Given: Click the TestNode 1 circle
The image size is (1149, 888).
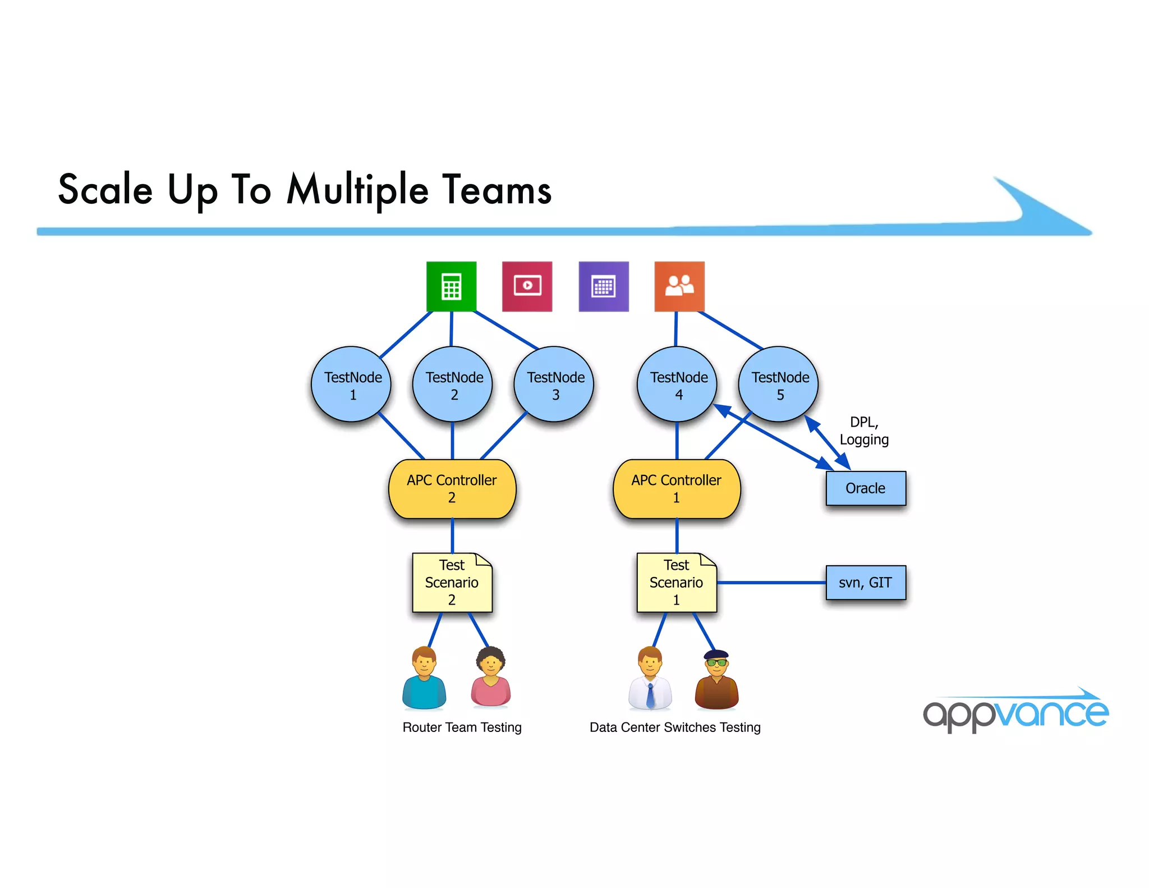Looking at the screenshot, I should click(x=351, y=385).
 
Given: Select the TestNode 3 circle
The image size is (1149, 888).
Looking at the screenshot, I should click(x=554, y=385).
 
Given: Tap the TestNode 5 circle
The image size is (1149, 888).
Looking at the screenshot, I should click(x=779, y=385).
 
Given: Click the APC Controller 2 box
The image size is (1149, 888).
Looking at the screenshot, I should click(x=452, y=489).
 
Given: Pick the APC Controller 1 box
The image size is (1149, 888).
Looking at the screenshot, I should click(x=677, y=489).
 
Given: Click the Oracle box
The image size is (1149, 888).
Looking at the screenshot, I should click(x=866, y=488).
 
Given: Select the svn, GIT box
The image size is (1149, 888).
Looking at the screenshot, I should click(x=866, y=583).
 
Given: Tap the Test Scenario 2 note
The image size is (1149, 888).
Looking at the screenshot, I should click(x=452, y=583).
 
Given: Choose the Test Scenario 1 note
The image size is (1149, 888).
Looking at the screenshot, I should click(x=677, y=583).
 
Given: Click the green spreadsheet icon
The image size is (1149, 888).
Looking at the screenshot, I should click(x=452, y=286).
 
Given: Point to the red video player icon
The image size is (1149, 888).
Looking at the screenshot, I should click(x=527, y=286).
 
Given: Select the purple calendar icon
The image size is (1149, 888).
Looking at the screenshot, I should click(x=604, y=286).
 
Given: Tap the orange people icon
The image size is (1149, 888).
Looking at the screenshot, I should click(x=679, y=286).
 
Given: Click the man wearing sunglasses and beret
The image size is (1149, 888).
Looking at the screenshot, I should click(x=716, y=680).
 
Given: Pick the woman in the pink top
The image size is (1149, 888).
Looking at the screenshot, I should click(x=491, y=677).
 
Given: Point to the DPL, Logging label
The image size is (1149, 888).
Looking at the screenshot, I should click(x=864, y=431).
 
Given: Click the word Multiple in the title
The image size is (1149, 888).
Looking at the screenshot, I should click(x=358, y=190).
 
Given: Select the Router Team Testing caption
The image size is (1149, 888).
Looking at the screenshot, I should click(x=462, y=727).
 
